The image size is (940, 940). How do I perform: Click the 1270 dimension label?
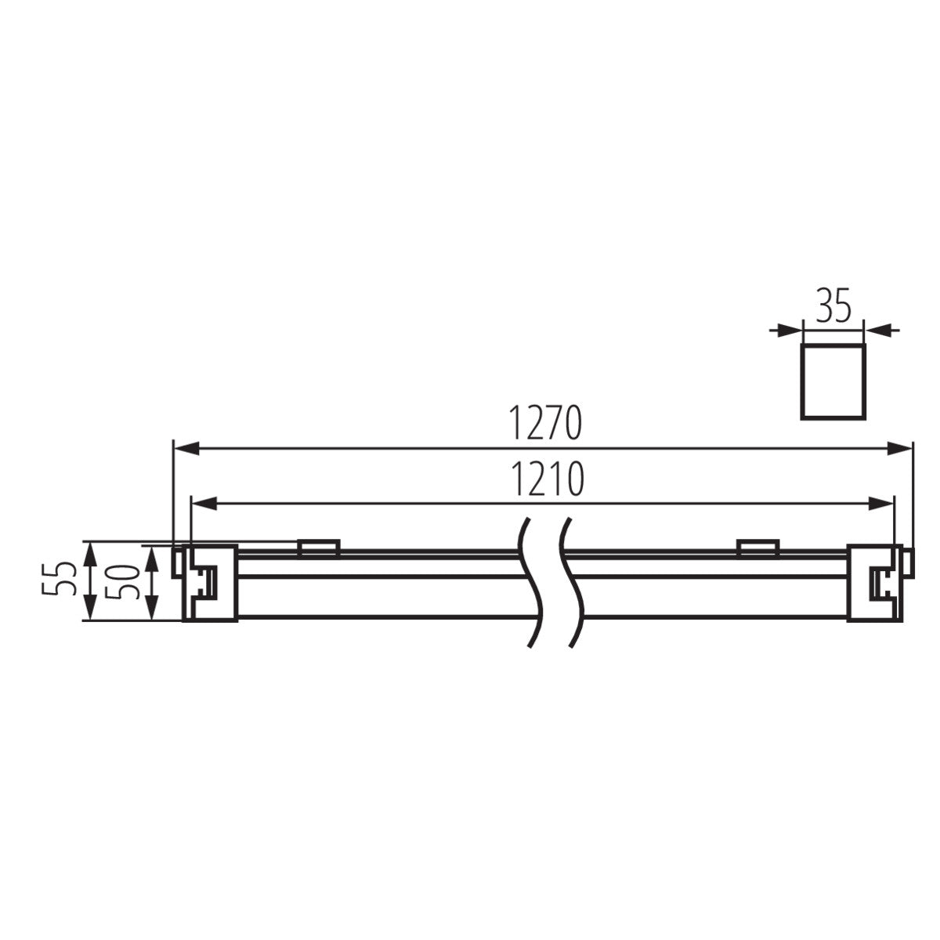coord(546,424)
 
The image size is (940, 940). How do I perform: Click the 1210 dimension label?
coord(546,480)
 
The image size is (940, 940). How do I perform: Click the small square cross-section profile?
coord(832,379)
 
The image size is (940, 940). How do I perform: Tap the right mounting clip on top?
coord(757,548)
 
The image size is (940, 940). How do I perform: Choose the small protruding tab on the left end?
coord(178,563)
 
